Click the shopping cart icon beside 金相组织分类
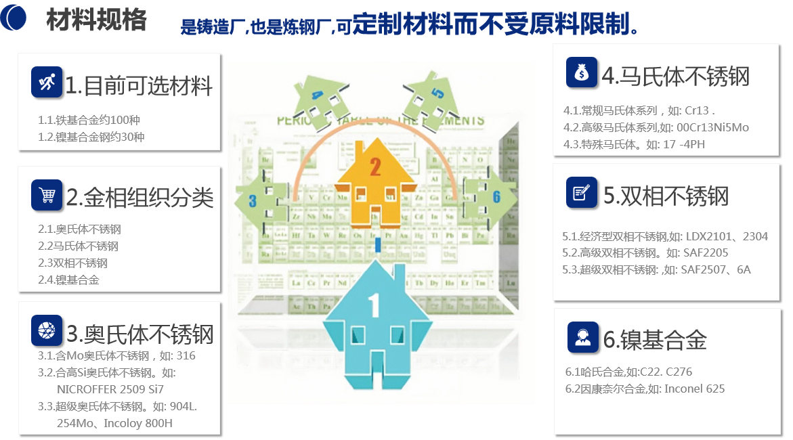(x=47, y=196)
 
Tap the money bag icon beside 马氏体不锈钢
(x=582, y=72)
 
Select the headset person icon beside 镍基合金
(x=582, y=337)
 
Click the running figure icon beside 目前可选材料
(x=47, y=83)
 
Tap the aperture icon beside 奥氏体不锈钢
(x=47, y=331)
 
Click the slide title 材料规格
(x=96, y=20)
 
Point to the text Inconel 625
(x=694, y=389)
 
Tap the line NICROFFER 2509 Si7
(x=110, y=389)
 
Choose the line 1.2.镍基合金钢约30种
(x=91, y=137)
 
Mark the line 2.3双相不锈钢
(x=73, y=263)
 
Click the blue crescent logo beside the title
(x=14, y=18)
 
